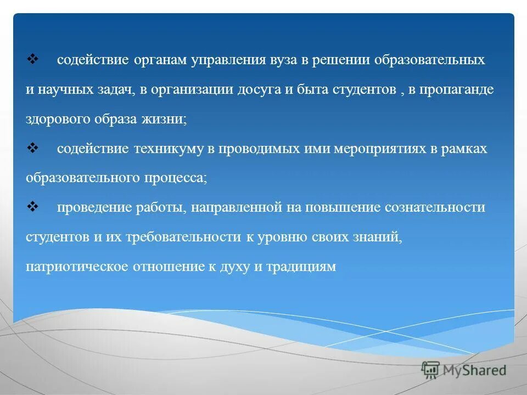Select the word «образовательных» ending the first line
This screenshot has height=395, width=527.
click(x=430, y=60)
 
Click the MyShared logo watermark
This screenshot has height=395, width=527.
click(x=464, y=370)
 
